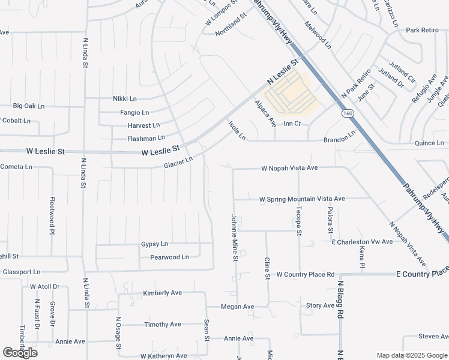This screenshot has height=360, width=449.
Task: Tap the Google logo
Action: [20, 353]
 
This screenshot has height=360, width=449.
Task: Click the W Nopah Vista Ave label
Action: [289, 169]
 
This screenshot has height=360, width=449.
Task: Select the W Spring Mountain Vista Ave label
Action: [302, 199]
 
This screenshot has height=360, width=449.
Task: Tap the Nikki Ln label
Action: [125, 98]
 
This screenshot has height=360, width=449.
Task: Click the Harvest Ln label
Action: [143, 125]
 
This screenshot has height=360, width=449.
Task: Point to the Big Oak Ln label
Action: [29, 106]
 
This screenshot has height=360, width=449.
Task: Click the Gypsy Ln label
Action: [154, 244]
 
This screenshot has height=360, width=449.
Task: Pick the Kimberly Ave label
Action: [162, 293]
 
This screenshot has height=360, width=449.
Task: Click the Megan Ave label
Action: [237, 307]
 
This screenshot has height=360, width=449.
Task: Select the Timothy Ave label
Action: [162, 325]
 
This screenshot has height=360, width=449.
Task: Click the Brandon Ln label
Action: [340, 140]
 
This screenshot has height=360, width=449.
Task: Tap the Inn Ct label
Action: [292, 124]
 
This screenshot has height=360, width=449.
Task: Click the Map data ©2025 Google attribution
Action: [411, 355]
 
